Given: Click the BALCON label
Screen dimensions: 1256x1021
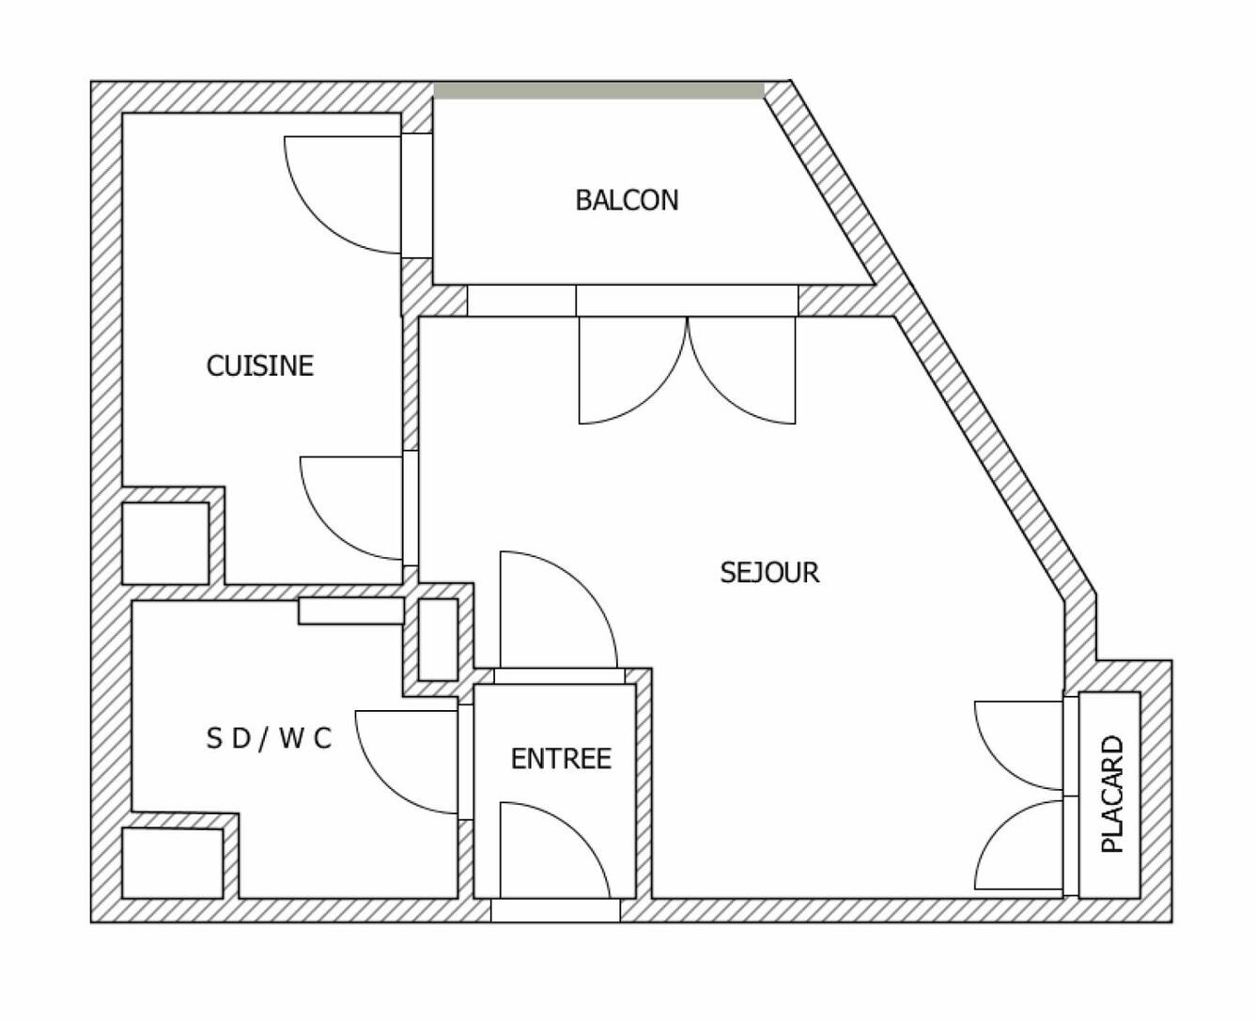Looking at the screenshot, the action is (627, 200).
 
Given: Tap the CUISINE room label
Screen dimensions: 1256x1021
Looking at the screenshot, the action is (260, 366).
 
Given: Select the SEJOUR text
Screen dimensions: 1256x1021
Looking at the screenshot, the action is (769, 572).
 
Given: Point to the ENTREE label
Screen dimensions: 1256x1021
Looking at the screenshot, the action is (561, 759).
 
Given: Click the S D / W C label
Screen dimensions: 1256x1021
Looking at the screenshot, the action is (269, 738).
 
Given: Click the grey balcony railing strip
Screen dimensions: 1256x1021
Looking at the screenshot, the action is (599, 91).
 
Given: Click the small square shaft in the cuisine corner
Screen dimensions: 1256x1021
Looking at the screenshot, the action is (165, 544).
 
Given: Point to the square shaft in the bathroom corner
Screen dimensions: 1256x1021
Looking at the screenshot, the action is (172, 863).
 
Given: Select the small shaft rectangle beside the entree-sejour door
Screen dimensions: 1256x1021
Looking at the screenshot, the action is (438, 640).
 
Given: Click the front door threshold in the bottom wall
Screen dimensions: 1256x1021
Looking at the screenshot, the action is (555, 910).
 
